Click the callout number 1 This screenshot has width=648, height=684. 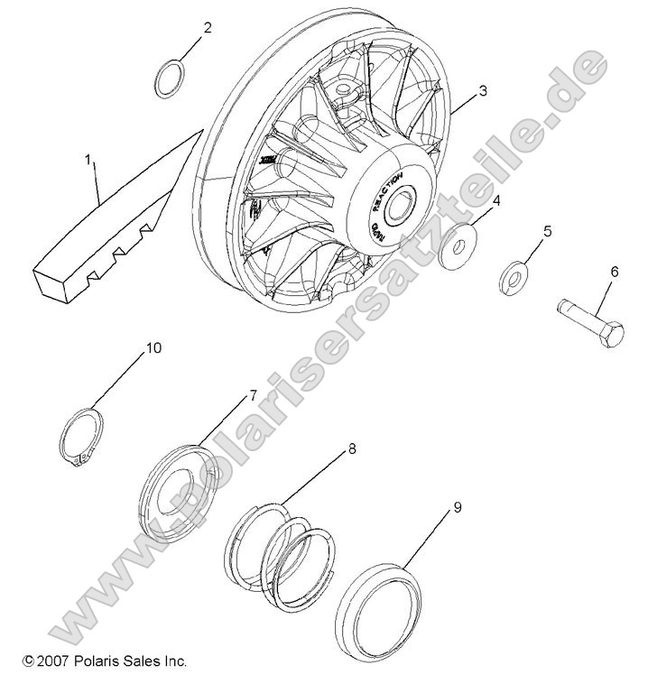tap(88, 160)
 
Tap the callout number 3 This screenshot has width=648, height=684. tap(483, 90)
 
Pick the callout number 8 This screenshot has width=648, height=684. tap(352, 448)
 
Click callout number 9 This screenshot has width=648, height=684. tap(458, 508)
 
